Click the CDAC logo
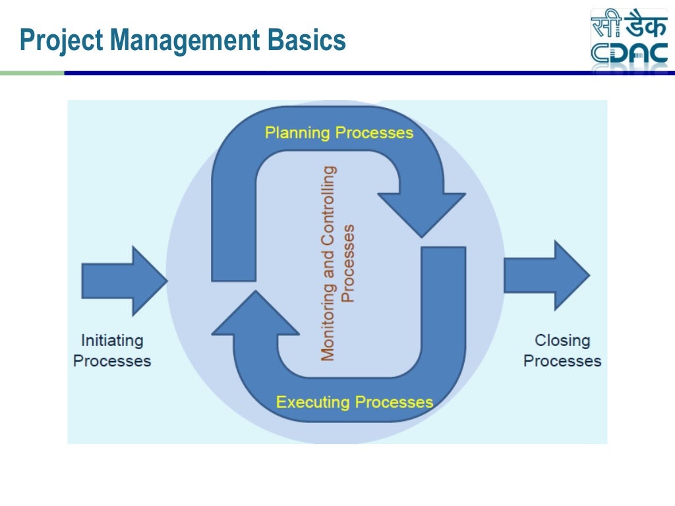[629, 38]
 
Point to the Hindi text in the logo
[629, 24]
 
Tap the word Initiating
[112, 341]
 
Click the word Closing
[562, 341]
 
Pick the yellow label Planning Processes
[339, 133]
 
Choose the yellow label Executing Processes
[354, 402]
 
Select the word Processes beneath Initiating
[112, 361]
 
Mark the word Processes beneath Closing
[562, 361]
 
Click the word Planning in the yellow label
[297, 133]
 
